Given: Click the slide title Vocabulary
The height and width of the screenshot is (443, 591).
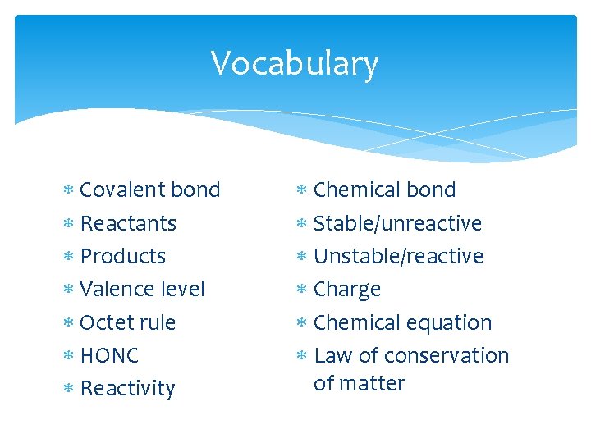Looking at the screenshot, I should [295, 63].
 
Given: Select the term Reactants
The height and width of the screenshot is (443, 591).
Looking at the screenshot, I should [128, 223].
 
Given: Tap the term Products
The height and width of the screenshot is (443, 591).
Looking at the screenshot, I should [123, 256].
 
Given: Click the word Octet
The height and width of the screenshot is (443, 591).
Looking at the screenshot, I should [104, 322].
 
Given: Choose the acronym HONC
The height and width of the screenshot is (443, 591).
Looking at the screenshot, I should [109, 355].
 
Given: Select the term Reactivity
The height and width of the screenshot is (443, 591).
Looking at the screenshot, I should [128, 388].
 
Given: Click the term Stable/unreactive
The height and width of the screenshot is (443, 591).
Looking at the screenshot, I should [398, 223].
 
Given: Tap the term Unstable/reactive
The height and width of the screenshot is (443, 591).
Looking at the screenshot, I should [399, 256].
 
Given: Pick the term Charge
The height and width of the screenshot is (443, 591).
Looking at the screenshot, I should [347, 290].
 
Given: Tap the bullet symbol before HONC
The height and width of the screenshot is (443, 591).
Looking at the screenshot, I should [69, 356].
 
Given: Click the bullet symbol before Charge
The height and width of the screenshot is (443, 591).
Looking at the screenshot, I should [302, 290].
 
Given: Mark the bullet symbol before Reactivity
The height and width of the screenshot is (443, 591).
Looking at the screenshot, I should [69, 389].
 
